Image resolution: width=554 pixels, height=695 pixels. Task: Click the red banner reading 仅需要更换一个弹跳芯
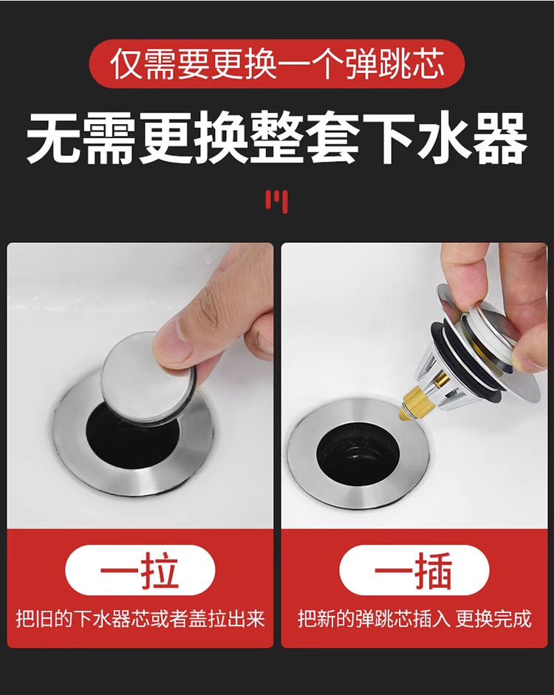[277, 64]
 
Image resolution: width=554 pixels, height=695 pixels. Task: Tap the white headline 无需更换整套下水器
[277, 138]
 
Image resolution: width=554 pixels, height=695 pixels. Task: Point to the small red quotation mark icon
[276, 201]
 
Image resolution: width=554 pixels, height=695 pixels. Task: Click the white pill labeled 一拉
[140, 570]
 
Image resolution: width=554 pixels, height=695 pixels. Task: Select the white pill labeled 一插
[414, 570]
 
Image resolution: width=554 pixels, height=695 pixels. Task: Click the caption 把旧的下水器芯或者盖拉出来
[140, 619]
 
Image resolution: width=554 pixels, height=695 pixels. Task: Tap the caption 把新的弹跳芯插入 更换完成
[414, 619]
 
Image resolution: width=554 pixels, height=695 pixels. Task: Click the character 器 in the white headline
[500, 138]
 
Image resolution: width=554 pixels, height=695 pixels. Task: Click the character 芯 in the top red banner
[426, 65]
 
